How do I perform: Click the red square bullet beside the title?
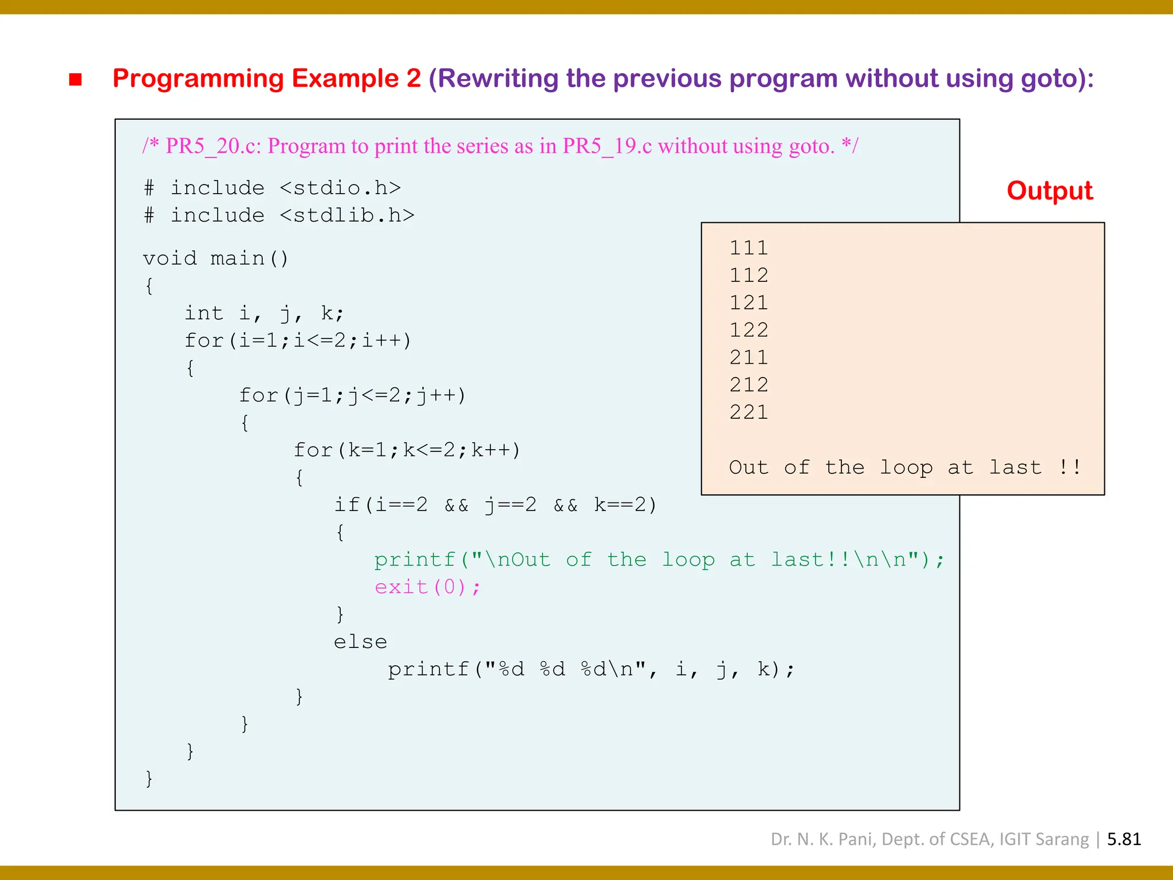[x=75, y=80]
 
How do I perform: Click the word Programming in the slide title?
[x=198, y=78]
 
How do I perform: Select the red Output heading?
[x=1049, y=191]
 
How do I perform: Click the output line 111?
[x=748, y=248]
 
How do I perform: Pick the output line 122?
[x=748, y=330]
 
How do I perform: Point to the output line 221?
[x=748, y=412]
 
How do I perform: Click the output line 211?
[x=748, y=357]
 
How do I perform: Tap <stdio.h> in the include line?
[x=340, y=188]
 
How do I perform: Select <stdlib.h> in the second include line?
[x=347, y=215]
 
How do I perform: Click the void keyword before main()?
[x=170, y=258]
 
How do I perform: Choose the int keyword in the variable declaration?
[x=203, y=313]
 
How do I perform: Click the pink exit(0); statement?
[x=427, y=587]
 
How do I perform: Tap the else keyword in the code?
[x=360, y=642]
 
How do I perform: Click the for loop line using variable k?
[x=407, y=450]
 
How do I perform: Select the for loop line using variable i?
[x=297, y=340]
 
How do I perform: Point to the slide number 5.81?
[x=1124, y=839]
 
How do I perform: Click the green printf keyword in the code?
[x=415, y=559]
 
